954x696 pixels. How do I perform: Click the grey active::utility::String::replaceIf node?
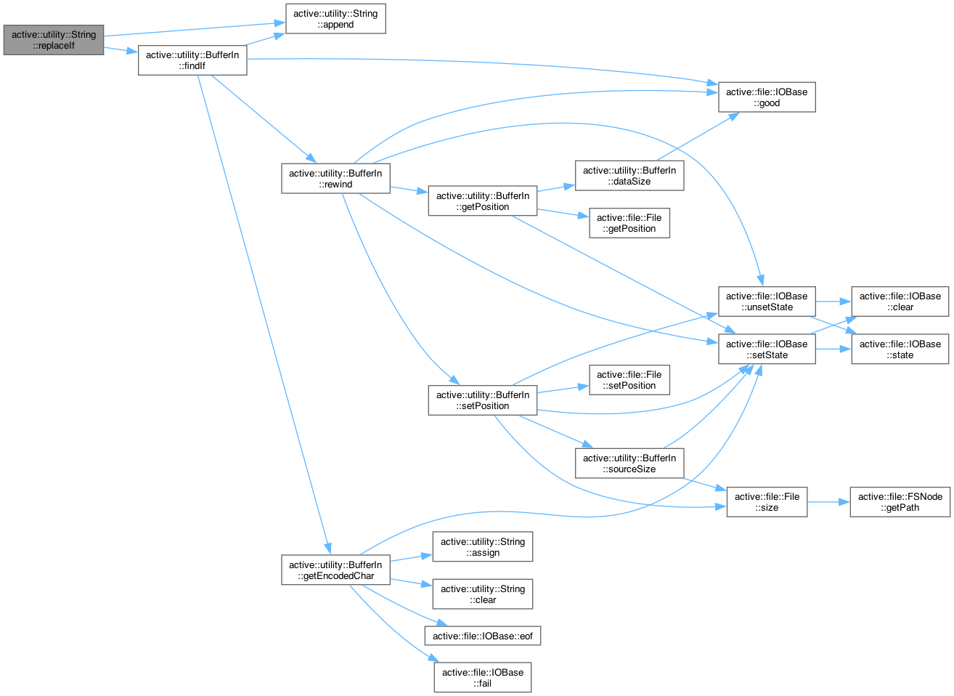point(54,40)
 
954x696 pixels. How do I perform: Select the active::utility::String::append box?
point(335,19)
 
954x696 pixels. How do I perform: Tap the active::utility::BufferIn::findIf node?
point(192,60)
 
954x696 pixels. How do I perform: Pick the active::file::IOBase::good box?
point(767,97)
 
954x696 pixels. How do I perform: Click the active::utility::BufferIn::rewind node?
point(335,179)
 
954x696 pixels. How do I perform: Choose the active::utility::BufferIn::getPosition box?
point(483,201)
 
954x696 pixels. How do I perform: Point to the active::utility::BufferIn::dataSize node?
point(629,176)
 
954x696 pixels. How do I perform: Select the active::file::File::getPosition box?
point(629,223)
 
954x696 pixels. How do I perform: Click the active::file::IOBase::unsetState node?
point(767,302)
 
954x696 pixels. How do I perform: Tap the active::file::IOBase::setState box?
point(767,349)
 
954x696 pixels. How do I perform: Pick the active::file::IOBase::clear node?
point(900,302)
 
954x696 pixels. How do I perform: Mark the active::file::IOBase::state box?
point(900,349)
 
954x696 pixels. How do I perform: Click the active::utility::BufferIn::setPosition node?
point(483,400)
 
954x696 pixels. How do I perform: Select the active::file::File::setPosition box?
point(629,380)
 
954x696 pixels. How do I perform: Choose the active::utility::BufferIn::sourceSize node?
point(629,464)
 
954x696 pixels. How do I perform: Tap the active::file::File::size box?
point(767,502)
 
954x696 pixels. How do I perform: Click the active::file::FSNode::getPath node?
point(900,502)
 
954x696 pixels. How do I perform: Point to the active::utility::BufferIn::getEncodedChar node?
point(335,570)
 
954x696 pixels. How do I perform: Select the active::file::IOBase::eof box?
point(483,636)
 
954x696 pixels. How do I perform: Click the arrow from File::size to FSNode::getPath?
point(828,502)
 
